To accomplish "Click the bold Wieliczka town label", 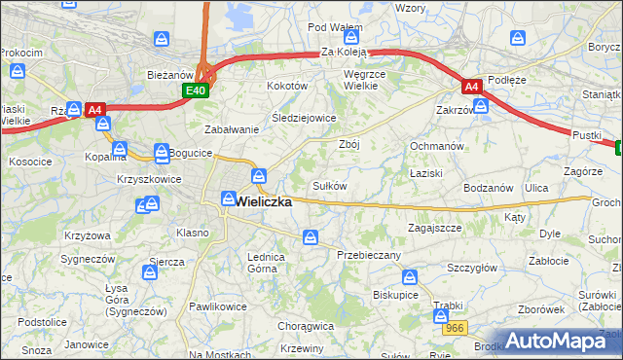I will tap(264, 201).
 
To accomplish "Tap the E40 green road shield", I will tap(196, 90).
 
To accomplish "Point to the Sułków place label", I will tap(329, 185).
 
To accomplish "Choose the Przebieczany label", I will tap(369, 254).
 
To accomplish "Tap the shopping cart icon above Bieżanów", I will tap(163, 40).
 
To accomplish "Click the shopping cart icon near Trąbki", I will tap(439, 314).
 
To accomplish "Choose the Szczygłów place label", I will tap(472, 268).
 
